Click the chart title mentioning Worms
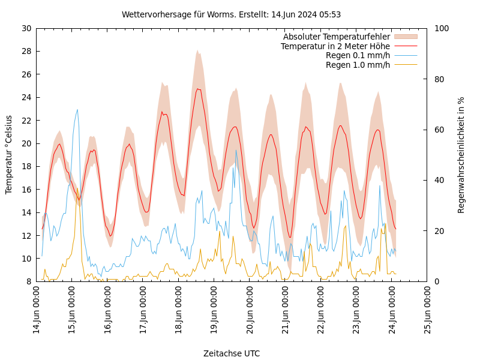(x=231, y=14)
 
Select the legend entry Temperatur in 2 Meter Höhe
(x=335, y=46)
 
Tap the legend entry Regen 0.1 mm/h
(x=358, y=55)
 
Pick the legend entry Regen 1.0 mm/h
(x=358, y=65)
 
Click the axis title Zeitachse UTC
(x=231, y=353)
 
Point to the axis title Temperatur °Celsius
(x=9, y=155)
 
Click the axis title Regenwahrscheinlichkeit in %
(x=461, y=155)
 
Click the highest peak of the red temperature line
(x=197, y=89)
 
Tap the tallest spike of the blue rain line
(x=77, y=109)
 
